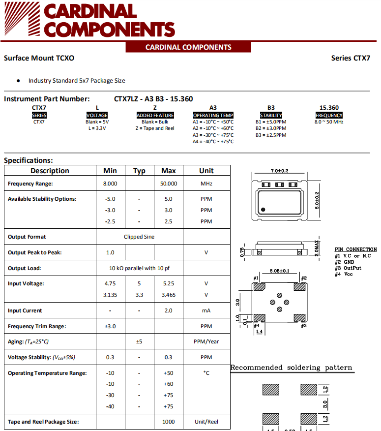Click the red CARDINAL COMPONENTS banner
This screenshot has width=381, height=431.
188,47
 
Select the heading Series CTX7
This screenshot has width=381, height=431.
351,58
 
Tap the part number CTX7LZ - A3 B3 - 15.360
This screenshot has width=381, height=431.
153,98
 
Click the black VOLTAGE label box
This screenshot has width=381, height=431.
97,115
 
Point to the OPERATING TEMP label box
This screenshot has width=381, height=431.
213,115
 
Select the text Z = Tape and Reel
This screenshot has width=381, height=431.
155,128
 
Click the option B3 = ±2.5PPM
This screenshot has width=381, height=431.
271,135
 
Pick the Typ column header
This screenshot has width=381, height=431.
139,171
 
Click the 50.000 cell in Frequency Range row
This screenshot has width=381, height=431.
169,184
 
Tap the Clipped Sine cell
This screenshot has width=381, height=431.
139,237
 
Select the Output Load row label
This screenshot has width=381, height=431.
25,268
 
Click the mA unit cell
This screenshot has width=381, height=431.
206,310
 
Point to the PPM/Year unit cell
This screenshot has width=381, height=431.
206,341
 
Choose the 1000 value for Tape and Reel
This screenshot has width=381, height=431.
169,422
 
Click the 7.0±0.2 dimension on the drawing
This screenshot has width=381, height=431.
279,171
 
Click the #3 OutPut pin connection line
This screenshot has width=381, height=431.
348,268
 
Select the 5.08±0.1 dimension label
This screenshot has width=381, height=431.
279,271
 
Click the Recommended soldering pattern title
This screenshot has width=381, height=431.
292,368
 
